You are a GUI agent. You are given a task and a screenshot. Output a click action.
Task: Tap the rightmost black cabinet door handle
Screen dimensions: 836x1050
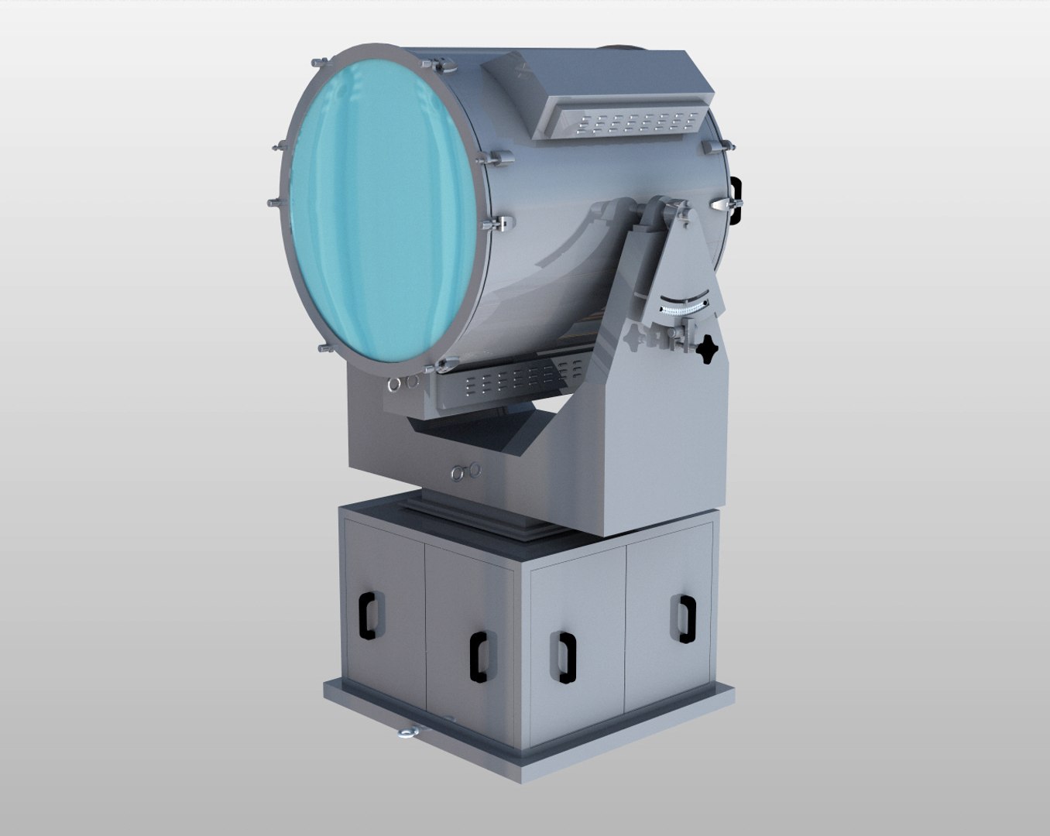click(x=682, y=619)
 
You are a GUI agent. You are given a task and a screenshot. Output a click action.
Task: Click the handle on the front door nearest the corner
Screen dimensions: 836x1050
click(x=479, y=656)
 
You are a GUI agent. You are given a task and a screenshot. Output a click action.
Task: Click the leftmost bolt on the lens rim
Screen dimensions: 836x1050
click(x=273, y=202)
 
